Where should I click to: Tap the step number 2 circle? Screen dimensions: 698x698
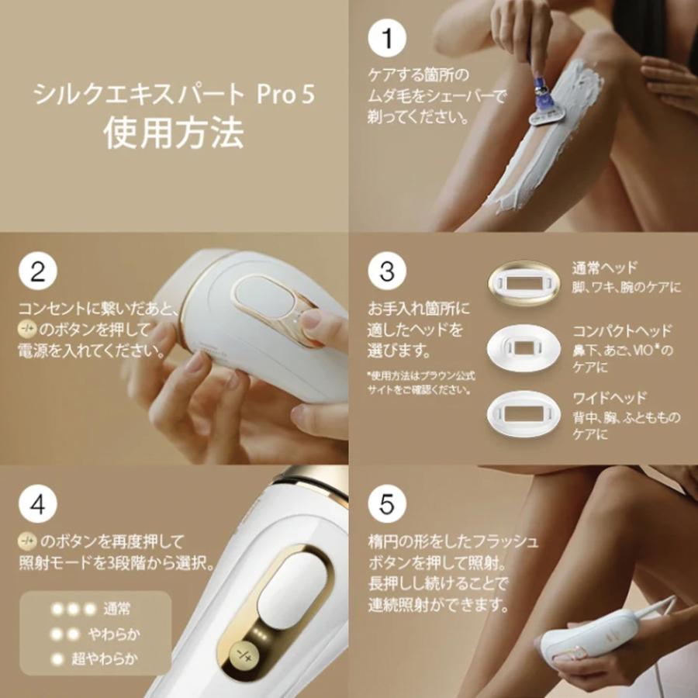[38, 271]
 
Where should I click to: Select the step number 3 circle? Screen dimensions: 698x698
[387, 271]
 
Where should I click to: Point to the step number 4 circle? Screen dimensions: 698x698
[38, 504]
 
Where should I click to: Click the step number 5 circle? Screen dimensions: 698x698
[387, 504]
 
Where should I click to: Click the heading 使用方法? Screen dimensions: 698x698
[174, 132]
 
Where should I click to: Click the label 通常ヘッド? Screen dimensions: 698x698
[605, 268]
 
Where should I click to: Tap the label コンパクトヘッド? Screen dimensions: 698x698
[622, 331]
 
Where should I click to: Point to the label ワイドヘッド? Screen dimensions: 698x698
[610, 399]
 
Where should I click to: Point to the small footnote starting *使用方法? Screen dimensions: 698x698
[420, 382]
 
